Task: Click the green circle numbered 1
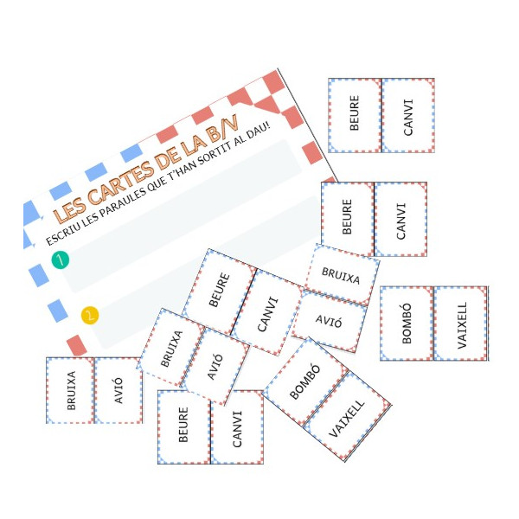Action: pyautogui.click(x=60, y=259)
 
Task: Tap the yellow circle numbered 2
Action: pyautogui.click(x=90, y=316)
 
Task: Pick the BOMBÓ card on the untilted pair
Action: pyautogui.click(x=407, y=323)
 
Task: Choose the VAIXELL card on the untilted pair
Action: pyautogui.click(x=461, y=323)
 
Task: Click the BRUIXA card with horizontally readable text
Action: pyautogui.click(x=341, y=272)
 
